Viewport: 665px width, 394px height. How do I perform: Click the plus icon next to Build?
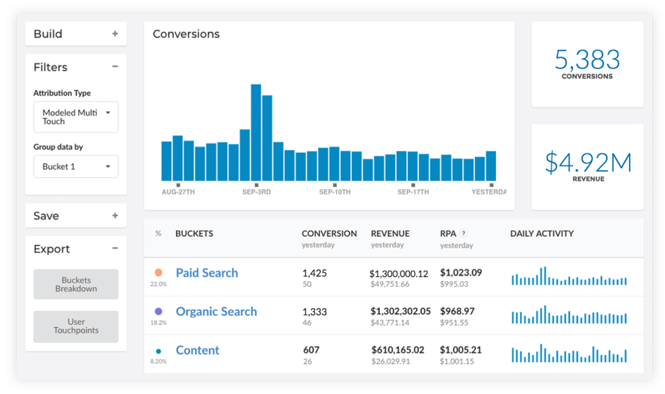pos(115,34)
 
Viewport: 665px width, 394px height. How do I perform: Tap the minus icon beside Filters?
pos(115,67)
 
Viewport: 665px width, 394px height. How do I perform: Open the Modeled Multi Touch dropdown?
pos(76,117)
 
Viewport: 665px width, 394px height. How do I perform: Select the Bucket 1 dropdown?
pos(76,167)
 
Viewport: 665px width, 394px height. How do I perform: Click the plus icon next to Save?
pos(115,216)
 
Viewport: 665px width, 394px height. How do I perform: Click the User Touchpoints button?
pos(76,326)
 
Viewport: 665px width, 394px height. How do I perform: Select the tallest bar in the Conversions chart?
pos(256,132)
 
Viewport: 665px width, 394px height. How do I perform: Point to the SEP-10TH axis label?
pos(335,192)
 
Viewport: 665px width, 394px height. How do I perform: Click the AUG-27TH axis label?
pos(178,192)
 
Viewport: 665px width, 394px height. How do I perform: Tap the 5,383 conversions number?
pos(587,60)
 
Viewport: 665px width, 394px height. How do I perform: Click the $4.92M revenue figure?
pos(587,162)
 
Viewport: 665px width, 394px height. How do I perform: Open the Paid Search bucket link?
pos(206,273)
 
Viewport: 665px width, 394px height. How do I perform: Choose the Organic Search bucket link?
pos(216,312)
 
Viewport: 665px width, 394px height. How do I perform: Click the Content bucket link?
pos(197,350)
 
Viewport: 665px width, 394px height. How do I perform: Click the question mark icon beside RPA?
pos(463,234)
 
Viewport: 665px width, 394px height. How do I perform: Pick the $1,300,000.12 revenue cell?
pos(399,274)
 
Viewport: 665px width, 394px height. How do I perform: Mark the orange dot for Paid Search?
pos(159,273)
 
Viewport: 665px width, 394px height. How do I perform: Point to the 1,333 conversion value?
pos(314,312)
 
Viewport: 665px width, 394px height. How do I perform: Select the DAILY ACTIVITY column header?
pos(542,234)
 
